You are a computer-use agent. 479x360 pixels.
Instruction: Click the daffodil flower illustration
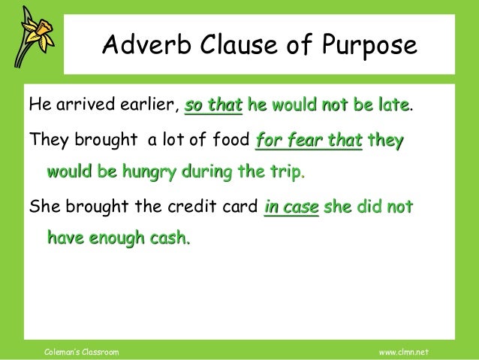(x=31, y=38)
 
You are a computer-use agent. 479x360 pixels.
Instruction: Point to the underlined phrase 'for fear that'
(x=308, y=140)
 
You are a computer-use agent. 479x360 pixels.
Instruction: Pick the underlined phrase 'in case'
(x=292, y=207)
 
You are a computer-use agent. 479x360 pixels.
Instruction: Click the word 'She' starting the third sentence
(x=41, y=207)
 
